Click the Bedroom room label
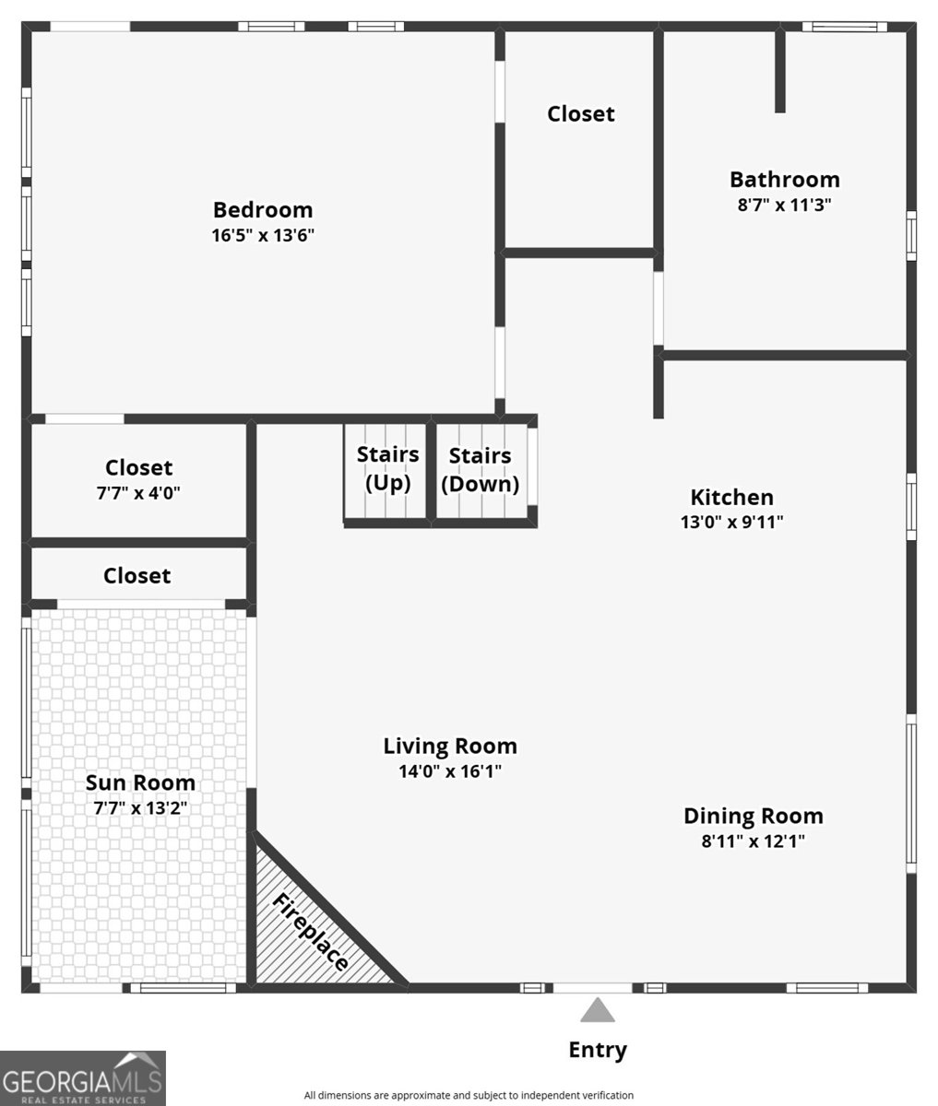[x=263, y=209]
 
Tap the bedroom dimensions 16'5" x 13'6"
[x=263, y=235]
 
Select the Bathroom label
[x=784, y=179]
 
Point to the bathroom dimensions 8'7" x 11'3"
[x=784, y=205]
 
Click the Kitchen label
[x=731, y=497]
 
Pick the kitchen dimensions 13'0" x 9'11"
[x=731, y=522]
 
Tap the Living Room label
[x=450, y=746]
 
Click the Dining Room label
[x=753, y=816]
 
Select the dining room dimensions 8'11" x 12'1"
[x=753, y=841]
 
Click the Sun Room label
[x=140, y=782]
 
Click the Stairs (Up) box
[x=386, y=470]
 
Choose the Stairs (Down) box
[x=481, y=470]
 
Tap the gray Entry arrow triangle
[x=597, y=1011]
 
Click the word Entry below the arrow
[x=597, y=1050]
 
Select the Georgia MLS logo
[x=83, y=1078]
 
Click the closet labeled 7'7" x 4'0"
[x=138, y=478]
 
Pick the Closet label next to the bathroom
[x=580, y=113]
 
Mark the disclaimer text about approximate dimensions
[x=469, y=1095]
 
